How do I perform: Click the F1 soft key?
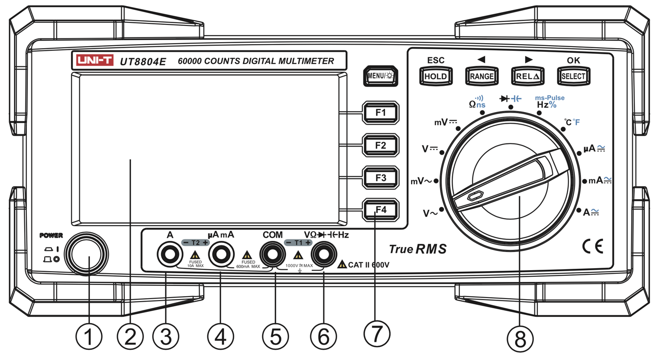[381, 113]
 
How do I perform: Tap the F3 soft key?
[381, 178]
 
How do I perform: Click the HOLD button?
[435, 76]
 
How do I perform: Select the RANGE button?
[482, 76]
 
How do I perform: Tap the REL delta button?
[528, 76]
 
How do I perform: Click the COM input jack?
[273, 254]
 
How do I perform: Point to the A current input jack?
[170, 254]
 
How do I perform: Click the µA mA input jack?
[221, 254]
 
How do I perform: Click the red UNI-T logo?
[95, 61]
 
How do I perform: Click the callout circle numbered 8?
[520, 339]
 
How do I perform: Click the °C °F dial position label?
[572, 122]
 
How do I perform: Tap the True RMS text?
[418, 249]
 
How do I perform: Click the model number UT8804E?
[143, 61]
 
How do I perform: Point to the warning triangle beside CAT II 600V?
[342, 264]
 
